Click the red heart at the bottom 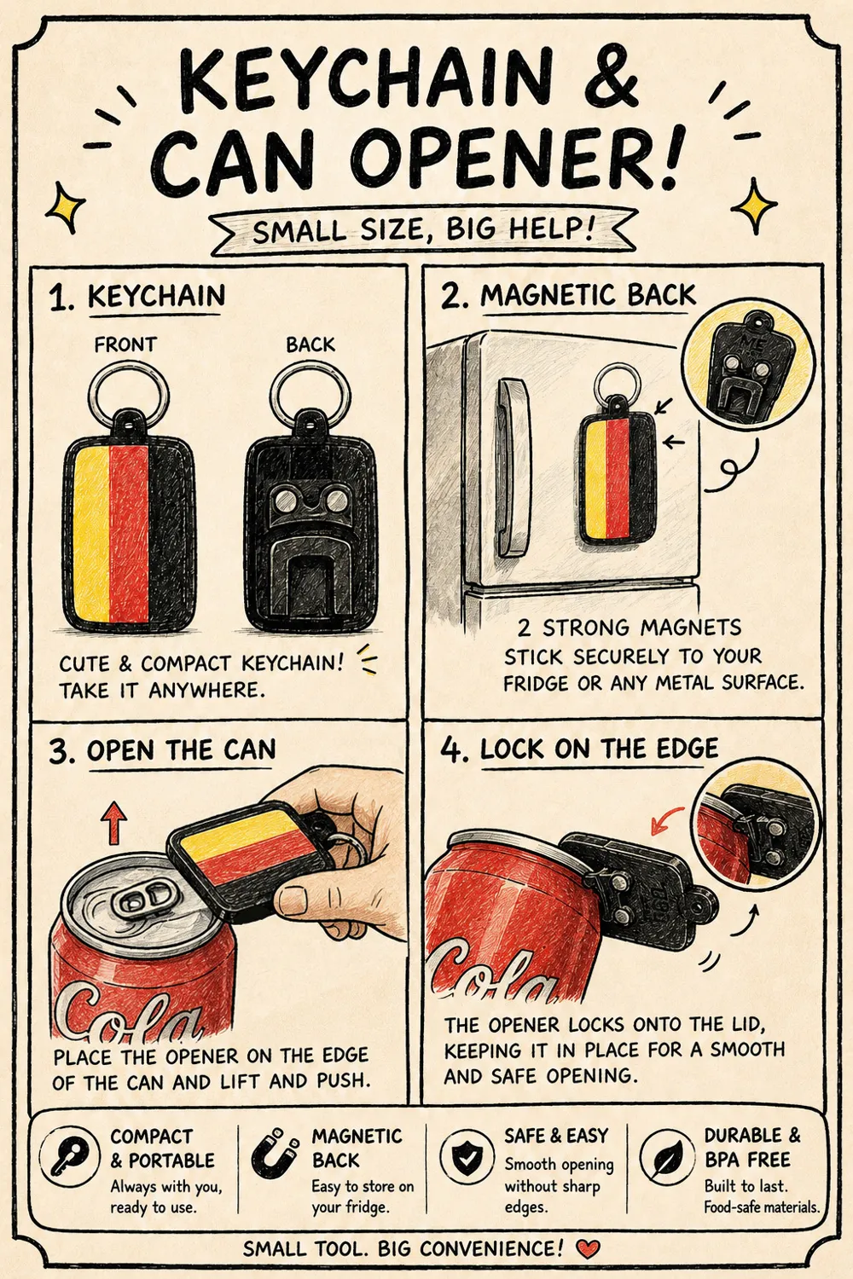tap(588, 1249)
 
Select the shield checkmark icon tap(467, 1159)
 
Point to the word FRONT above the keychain tap(125, 344)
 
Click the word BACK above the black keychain tap(310, 344)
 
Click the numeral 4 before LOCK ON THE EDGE tap(452, 750)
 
